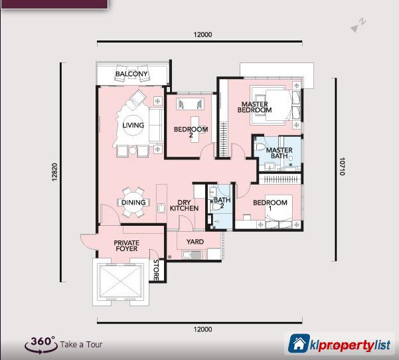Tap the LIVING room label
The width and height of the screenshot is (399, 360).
pyautogui.click(x=133, y=125)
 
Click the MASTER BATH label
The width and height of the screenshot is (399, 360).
pyautogui.click(x=279, y=154)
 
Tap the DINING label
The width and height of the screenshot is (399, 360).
pyautogui.click(x=133, y=203)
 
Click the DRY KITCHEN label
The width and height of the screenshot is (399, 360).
pyautogui.click(x=184, y=205)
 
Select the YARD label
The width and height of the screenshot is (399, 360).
pyautogui.click(x=195, y=242)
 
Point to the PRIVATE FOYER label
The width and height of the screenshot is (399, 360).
pyautogui.click(x=126, y=246)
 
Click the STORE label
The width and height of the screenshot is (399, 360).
pyautogui.click(x=156, y=269)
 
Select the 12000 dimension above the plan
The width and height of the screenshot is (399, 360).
pyautogui.click(x=203, y=35)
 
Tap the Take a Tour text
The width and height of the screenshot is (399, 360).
pyautogui.click(x=81, y=345)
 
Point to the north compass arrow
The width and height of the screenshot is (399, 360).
pyautogui.click(x=359, y=24)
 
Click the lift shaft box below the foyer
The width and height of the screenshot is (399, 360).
pyautogui.click(x=120, y=281)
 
